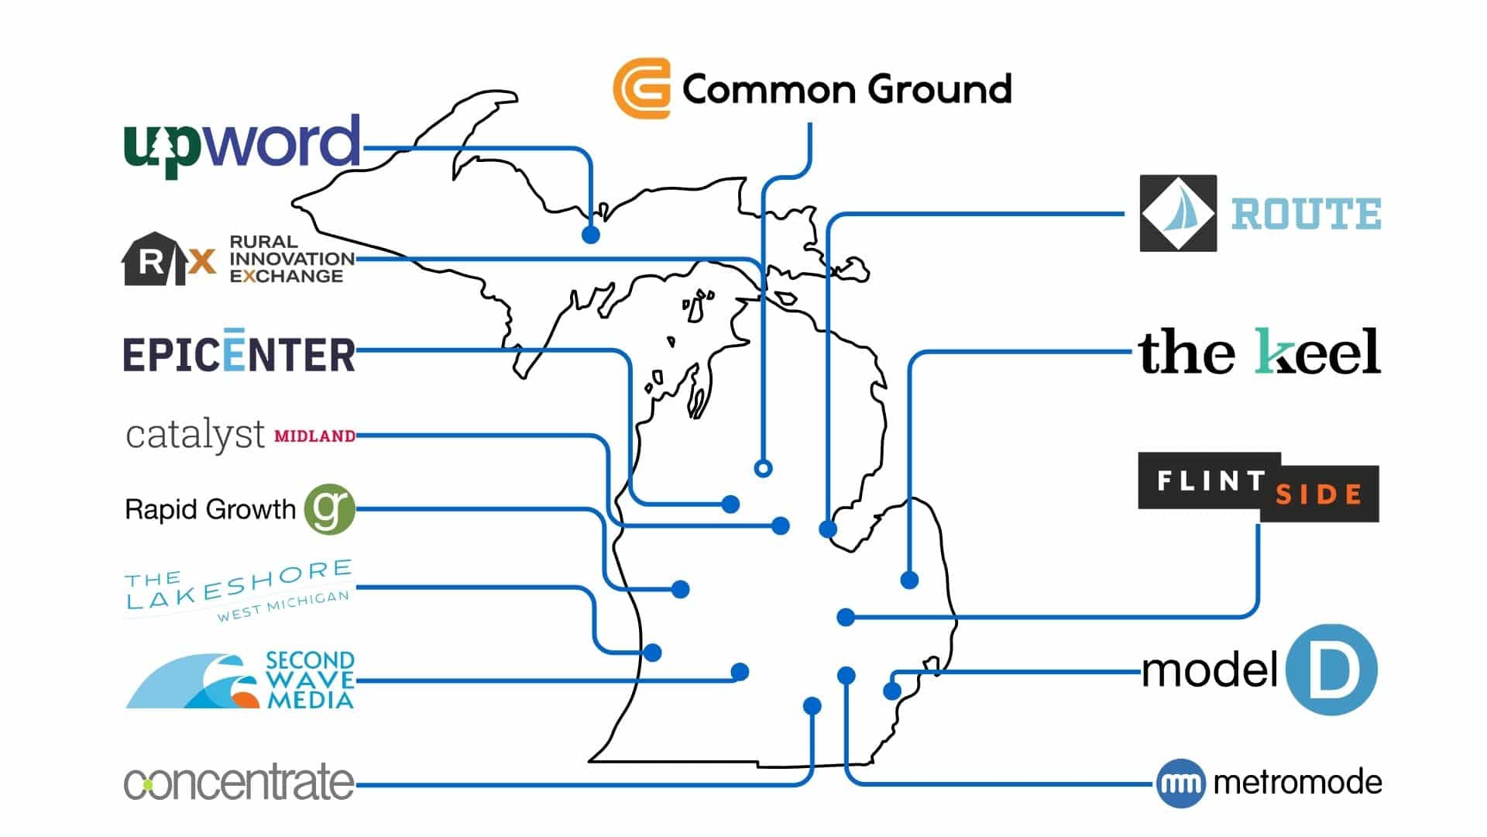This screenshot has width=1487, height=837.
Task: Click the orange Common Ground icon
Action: (641, 88)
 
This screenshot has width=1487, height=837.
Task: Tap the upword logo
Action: (242, 145)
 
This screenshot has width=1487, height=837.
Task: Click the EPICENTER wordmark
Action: (239, 353)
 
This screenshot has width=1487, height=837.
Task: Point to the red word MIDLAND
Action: (315, 436)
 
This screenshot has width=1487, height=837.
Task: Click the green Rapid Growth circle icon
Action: (329, 509)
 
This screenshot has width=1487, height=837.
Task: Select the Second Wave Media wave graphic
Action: (193, 681)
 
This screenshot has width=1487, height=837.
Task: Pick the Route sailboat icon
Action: (1178, 213)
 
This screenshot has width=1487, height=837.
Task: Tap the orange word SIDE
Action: (1319, 494)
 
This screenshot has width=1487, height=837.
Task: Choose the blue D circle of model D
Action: (1331, 670)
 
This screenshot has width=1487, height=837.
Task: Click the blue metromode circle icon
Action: (1181, 784)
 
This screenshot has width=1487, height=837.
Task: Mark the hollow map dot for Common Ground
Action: (763, 468)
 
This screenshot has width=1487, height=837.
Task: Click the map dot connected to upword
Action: (591, 234)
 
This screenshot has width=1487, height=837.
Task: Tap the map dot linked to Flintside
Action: (846, 617)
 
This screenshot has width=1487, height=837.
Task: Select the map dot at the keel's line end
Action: (910, 579)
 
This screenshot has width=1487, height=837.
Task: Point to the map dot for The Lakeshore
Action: (652, 653)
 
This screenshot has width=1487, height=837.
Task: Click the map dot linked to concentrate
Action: (812, 705)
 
